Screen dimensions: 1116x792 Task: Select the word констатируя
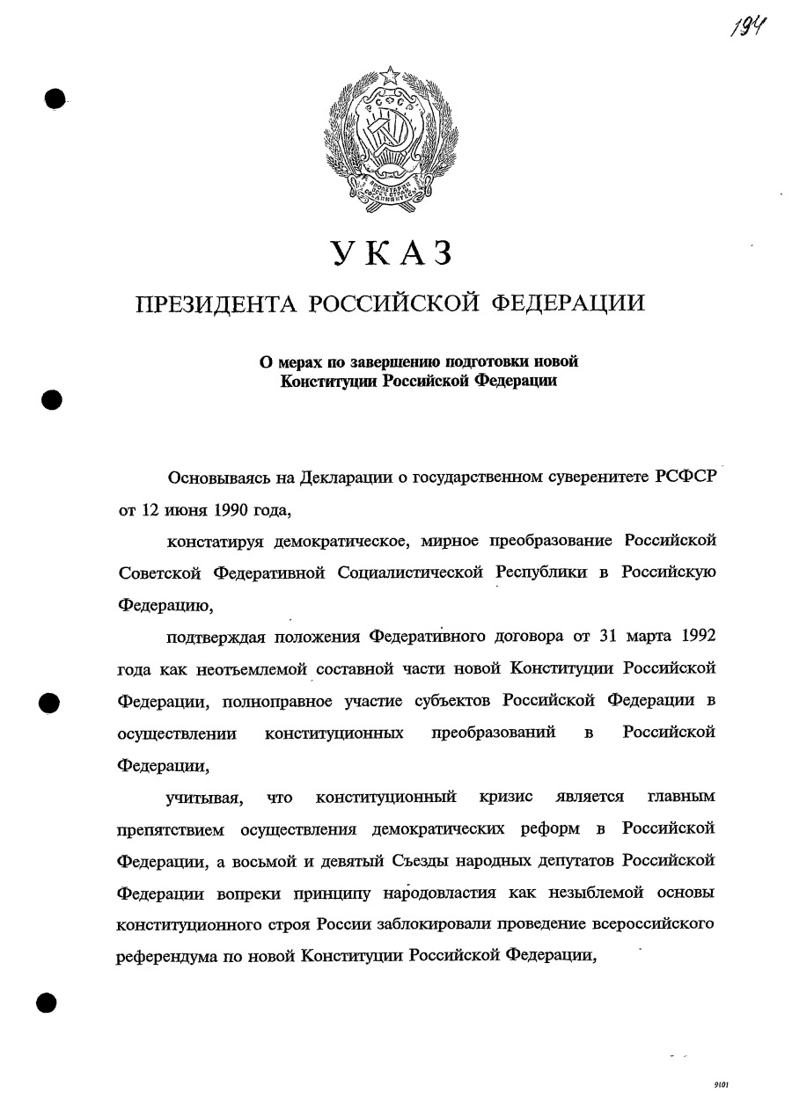pyautogui.click(x=212, y=539)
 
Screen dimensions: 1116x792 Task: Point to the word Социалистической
pyautogui.click(x=411, y=572)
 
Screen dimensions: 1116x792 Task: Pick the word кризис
pyautogui.click(x=506, y=797)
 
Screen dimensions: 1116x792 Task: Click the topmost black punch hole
pyautogui.click(x=55, y=98)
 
